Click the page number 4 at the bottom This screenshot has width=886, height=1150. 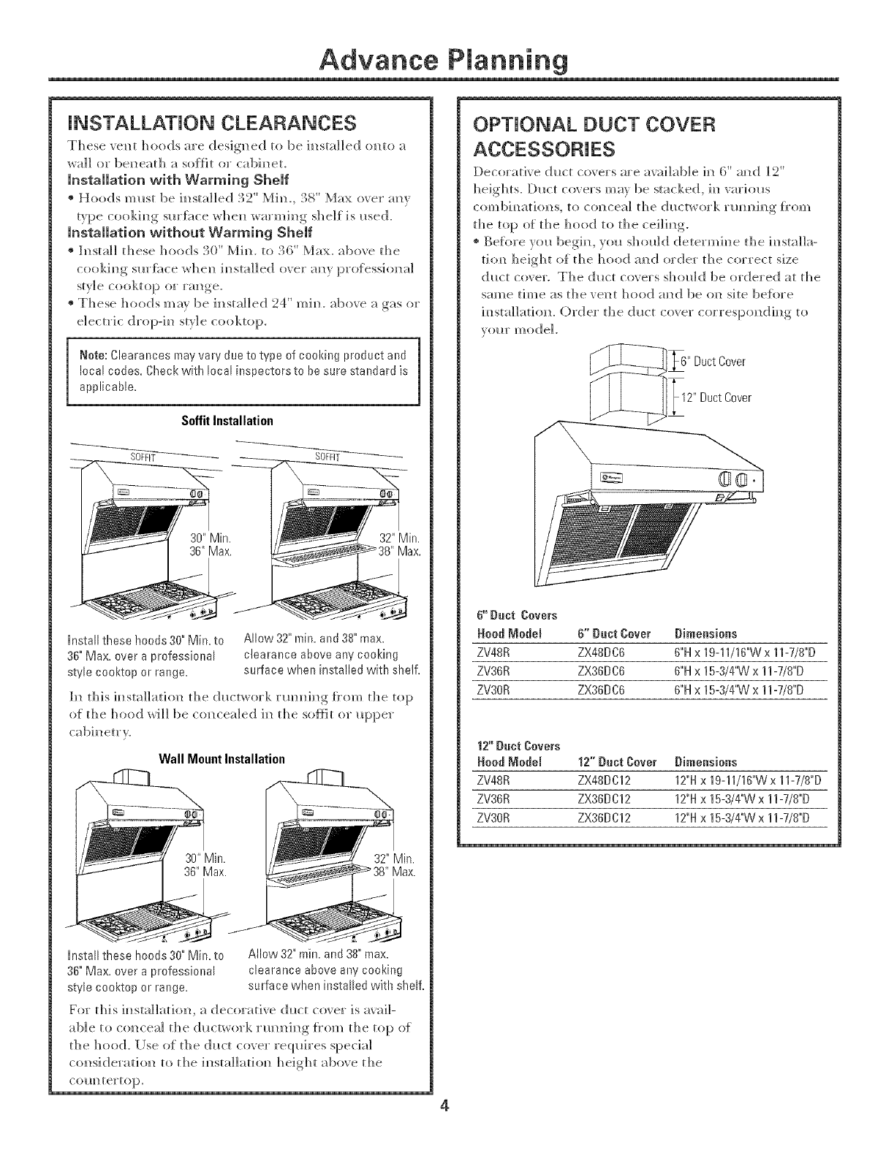click(x=443, y=1126)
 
